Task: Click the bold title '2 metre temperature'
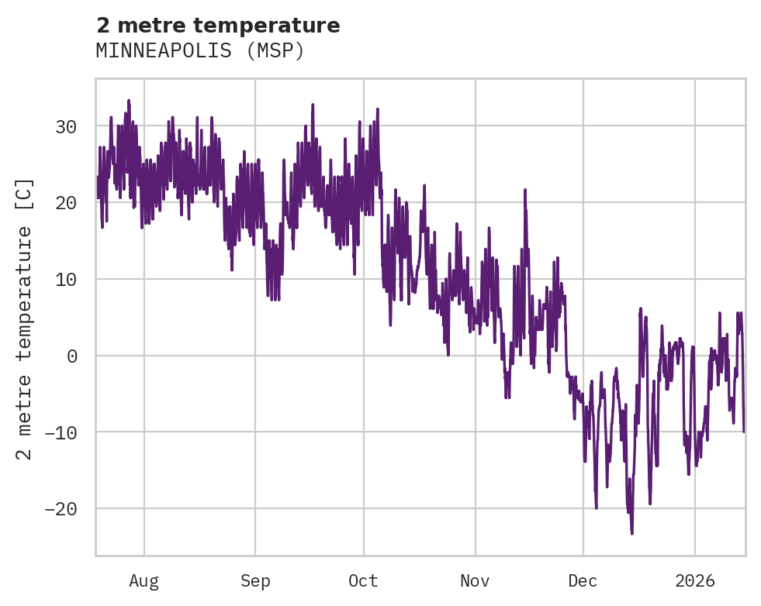click(218, 26)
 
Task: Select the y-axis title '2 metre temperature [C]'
click(25, 318)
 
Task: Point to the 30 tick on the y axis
click(67, 126)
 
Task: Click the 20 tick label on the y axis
click(67, 203)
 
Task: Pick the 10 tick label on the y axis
click(67, 279)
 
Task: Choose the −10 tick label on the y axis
click(62, 432)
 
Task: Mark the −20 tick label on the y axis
click(62, 508)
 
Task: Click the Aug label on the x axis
click(144, 580)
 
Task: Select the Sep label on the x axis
click(255, 580)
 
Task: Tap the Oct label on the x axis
click(363, 580)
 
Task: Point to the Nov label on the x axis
click(475, 580)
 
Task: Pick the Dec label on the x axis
click(583, 580)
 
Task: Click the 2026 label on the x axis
click(694, 580)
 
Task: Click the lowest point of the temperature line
click(632, 533)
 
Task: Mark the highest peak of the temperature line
click(129, 100)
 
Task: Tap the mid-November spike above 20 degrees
click(525, 189)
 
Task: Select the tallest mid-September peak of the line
click(313, 104)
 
